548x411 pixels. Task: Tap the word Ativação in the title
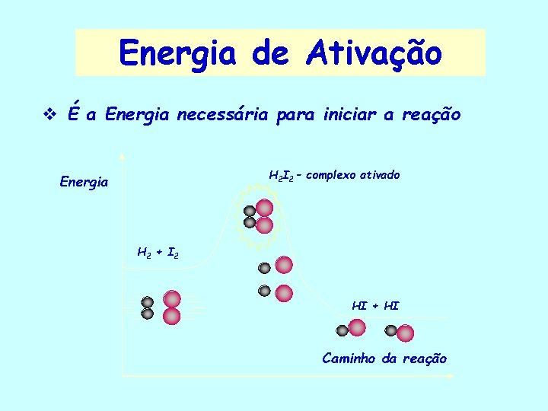click(374, 53)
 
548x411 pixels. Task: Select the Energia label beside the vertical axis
click(84, 183)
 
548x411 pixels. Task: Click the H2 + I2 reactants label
click(157, 251)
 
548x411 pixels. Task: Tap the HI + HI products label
click(375, 306)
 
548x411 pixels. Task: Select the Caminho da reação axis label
click(384, 358)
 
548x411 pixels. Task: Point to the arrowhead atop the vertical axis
click(123, 157)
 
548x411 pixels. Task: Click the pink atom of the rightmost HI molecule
click(405, 333)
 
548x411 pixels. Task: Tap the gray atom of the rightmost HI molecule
click(390, 330)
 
